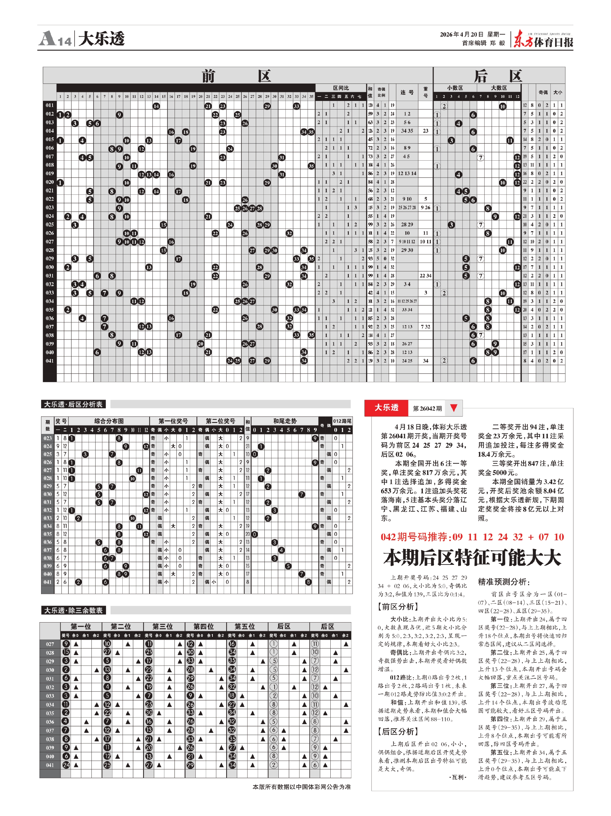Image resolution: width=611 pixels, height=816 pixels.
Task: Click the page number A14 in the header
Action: point(55,39)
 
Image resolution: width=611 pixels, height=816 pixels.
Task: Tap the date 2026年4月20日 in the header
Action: point(461,35)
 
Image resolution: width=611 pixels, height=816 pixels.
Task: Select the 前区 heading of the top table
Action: point(236,76)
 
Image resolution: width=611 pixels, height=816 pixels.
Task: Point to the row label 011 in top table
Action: point(50,106)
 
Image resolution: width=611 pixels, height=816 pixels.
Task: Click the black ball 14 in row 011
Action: point(156,106)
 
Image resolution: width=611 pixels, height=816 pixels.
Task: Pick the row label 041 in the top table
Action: point(50,361)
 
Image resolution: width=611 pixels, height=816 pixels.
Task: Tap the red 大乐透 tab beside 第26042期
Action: point(386,408)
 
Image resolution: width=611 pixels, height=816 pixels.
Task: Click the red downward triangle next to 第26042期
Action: point(454,408)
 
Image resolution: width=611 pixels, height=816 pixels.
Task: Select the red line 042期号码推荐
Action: point(472,537)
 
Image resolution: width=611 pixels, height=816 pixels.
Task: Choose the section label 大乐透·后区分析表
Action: point(73,404)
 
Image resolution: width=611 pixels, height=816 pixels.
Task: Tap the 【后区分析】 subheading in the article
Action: point(398,732)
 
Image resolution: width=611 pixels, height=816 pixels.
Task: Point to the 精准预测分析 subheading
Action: point(504,582)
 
